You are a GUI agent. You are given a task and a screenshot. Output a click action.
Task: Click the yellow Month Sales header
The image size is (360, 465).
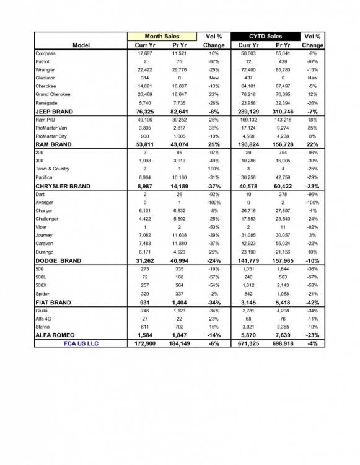[162, 37]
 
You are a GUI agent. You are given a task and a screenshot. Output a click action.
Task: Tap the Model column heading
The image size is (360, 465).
[81, 45]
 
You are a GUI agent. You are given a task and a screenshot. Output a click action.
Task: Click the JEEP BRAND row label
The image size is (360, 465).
[54, 112]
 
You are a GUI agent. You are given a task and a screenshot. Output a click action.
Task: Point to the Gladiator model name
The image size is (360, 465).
[46, 78]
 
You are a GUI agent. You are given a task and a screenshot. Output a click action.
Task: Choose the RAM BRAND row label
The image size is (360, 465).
[54, 144]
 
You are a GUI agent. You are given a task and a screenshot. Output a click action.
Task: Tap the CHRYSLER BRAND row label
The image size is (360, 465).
[62, 186]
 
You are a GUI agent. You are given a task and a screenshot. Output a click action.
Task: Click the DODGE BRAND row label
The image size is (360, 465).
[58, 261]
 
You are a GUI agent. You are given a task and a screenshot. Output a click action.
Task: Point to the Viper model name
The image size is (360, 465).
[42, 227]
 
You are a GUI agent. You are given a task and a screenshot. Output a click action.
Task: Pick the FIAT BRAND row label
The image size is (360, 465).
[53, 303]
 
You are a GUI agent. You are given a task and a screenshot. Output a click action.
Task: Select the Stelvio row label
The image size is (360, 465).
[43, 326]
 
